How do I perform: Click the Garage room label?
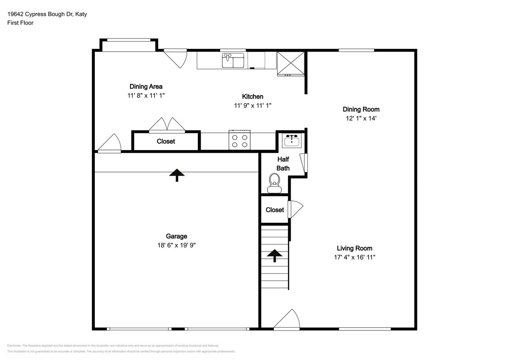(x=176, y=236)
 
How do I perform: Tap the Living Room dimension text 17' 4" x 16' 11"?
(x=355, y=257)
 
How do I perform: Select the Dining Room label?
(x=361, y=109)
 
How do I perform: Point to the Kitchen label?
(x=252, y=96)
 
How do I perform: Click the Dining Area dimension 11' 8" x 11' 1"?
(x=146, y=96)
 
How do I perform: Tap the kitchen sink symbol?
(x=233, y=60)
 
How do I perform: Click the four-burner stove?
(x=240, y=140)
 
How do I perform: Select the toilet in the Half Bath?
(x=274, y=183)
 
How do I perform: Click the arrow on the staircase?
(x=275, y=256)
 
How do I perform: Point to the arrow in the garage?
(x=177, y=175)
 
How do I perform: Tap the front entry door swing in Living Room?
(x=287, y=319)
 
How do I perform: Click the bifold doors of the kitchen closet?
(x=167, y=125)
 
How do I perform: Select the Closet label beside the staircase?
(x=275, y=210)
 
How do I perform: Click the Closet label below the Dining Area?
(x=166, y=141)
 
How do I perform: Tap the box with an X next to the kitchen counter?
(x=291, y=63)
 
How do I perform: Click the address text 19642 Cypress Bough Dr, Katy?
(x=47, y=14)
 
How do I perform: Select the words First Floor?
(x=20, y=23)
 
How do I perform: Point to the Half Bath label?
(x=283, y=164)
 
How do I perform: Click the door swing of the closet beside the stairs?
(x=295, y=209)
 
